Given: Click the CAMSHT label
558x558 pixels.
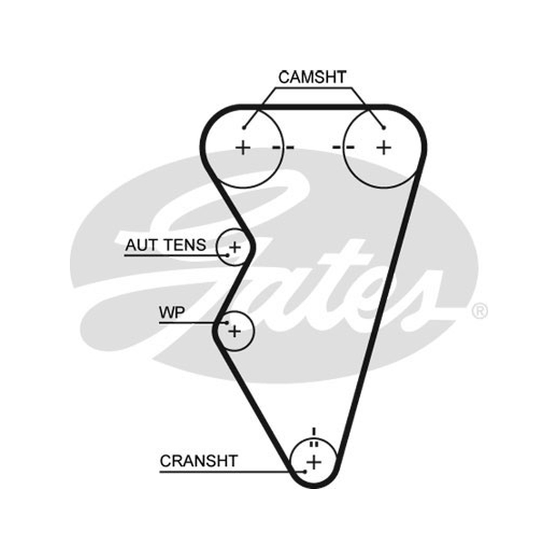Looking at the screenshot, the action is [x=312, y=77].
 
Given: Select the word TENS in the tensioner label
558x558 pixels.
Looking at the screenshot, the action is [x=185, y=245].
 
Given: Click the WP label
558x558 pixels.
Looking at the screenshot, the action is [x=172, y=312].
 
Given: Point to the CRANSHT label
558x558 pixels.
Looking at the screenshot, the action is [x=199, y=461].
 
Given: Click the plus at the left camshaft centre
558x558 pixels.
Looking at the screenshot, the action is [x=243, y=147].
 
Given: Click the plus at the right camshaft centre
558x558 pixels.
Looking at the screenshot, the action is [x=384, y=147].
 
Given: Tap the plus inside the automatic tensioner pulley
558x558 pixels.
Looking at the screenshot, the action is [x=234, y=247].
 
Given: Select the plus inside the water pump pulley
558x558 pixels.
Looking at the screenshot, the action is [x=234, y=331].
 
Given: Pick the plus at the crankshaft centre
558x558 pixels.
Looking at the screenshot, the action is [x=313, y=462].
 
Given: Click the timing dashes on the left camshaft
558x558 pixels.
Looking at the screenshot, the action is [x=283, y=147].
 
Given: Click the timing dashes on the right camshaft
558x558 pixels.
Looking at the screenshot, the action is [x=343, y=147].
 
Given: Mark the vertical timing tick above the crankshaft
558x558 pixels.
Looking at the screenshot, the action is [x=313, y=431].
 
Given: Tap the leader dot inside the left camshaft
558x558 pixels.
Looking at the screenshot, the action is [x=244, y=128].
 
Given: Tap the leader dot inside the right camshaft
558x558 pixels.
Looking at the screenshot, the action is [x=384, y=128].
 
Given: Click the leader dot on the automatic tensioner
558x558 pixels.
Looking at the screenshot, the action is [x=227, y=255].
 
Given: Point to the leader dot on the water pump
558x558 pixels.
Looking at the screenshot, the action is [x=227, y=323].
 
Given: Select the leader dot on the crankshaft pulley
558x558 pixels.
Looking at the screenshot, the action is [x=305, y=472].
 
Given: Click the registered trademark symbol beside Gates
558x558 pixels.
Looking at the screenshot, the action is [x=479, y=311].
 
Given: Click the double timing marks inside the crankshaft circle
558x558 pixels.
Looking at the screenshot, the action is [x=313, y=444].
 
